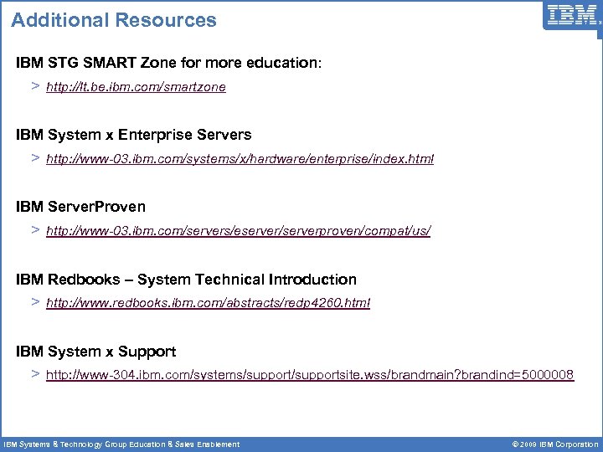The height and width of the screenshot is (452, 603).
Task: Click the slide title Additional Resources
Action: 114,20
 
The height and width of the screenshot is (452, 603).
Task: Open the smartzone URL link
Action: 136,87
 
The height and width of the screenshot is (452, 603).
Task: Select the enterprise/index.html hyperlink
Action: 240,159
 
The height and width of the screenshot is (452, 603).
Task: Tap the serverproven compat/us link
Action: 238,230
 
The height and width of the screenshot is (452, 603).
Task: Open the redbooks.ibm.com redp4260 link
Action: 208,302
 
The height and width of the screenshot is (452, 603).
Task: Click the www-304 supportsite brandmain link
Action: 310,375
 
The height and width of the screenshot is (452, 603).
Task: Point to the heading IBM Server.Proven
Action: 80,206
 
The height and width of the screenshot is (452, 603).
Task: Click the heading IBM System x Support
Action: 95,352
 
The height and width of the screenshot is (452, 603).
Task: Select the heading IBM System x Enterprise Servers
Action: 133,134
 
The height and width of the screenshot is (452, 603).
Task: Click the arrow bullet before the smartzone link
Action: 35,86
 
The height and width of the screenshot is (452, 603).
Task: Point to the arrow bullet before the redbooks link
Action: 35,301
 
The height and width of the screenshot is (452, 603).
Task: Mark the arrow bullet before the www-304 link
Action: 35,374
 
